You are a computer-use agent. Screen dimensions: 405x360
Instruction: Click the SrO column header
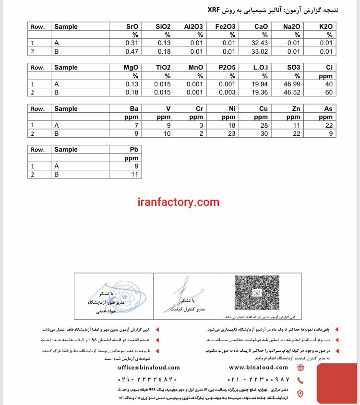[x=132, y=26]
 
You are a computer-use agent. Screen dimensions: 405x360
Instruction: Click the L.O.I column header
[x=260, y=68]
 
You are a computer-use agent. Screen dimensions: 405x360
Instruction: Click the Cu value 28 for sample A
[x=264, y=125]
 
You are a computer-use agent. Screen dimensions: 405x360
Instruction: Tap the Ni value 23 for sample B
[x=231, y=133]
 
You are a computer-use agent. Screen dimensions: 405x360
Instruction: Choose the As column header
[x=328, y=108]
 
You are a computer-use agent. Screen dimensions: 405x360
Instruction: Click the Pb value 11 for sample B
[x=134, y=175]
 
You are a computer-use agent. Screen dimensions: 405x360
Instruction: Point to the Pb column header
[x=134, y=149]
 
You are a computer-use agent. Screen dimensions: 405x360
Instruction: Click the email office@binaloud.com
[x=149, y=368]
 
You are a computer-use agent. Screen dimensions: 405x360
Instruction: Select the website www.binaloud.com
[x=258, y=368]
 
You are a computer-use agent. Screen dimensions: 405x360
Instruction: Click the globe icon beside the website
[x=300, y=368]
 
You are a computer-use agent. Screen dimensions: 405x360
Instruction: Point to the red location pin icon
[x=300, y=394]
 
